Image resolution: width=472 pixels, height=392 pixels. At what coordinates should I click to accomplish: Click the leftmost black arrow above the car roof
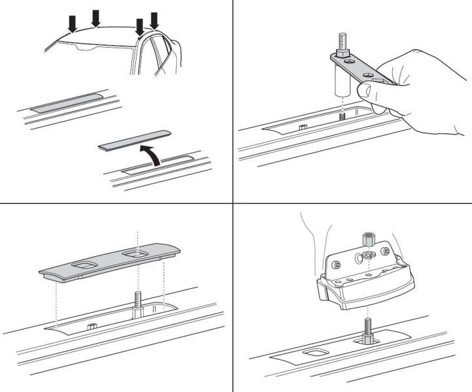pos(73,23)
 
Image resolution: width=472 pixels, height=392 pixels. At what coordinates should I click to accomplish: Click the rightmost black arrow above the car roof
pos(154,20)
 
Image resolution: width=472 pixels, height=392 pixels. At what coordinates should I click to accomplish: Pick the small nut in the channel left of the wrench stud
pos(302,127)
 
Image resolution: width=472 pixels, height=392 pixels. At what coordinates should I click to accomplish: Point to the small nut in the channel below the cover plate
pos(92,325)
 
